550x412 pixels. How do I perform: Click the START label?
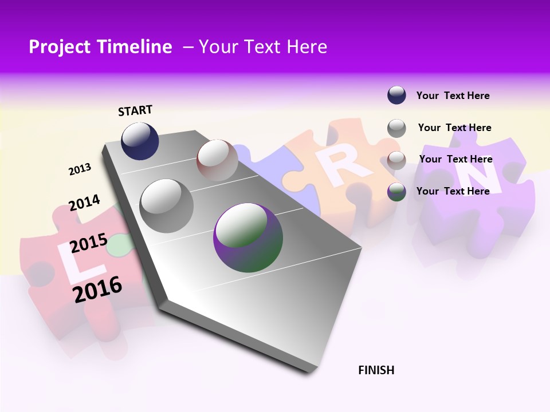[x=135, y=110]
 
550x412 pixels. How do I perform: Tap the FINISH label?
[x=376, y=370]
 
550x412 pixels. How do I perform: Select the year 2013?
[x=80, y=169]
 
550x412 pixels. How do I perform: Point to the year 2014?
[x=84, y=203]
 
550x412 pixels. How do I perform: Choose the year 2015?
[x=89, y=243]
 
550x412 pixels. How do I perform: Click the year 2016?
[x=98, y=289]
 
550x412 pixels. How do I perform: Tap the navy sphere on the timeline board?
[x=140, y=141]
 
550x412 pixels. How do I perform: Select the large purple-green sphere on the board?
[x=248, y=237]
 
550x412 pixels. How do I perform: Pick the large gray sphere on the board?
[x=166, y=205]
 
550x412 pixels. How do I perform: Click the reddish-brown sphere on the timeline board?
[x=217, y=160]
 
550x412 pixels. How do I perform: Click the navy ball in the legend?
[x=396, y=95]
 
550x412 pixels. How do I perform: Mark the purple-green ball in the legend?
[x=396, y=192]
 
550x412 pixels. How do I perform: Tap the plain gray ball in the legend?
[x=396, y=128]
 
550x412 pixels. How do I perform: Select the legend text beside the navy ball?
[x=453, y=96]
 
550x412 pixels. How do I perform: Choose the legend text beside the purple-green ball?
[x=453, y=191]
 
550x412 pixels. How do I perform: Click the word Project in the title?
[x=60, y=47]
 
